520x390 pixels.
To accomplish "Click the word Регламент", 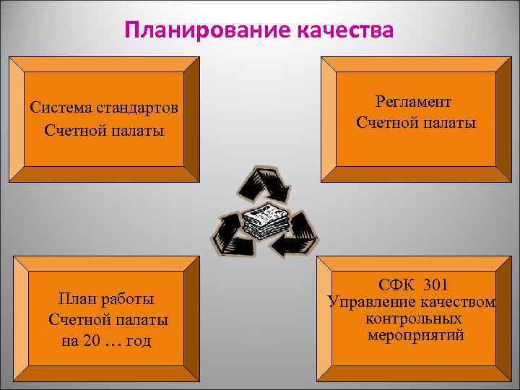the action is [x=413, y=102].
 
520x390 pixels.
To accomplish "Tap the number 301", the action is [x=441, y=284].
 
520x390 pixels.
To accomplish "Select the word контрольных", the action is [x=415, y=318].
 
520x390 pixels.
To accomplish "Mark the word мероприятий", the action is [x=415, y=335].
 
